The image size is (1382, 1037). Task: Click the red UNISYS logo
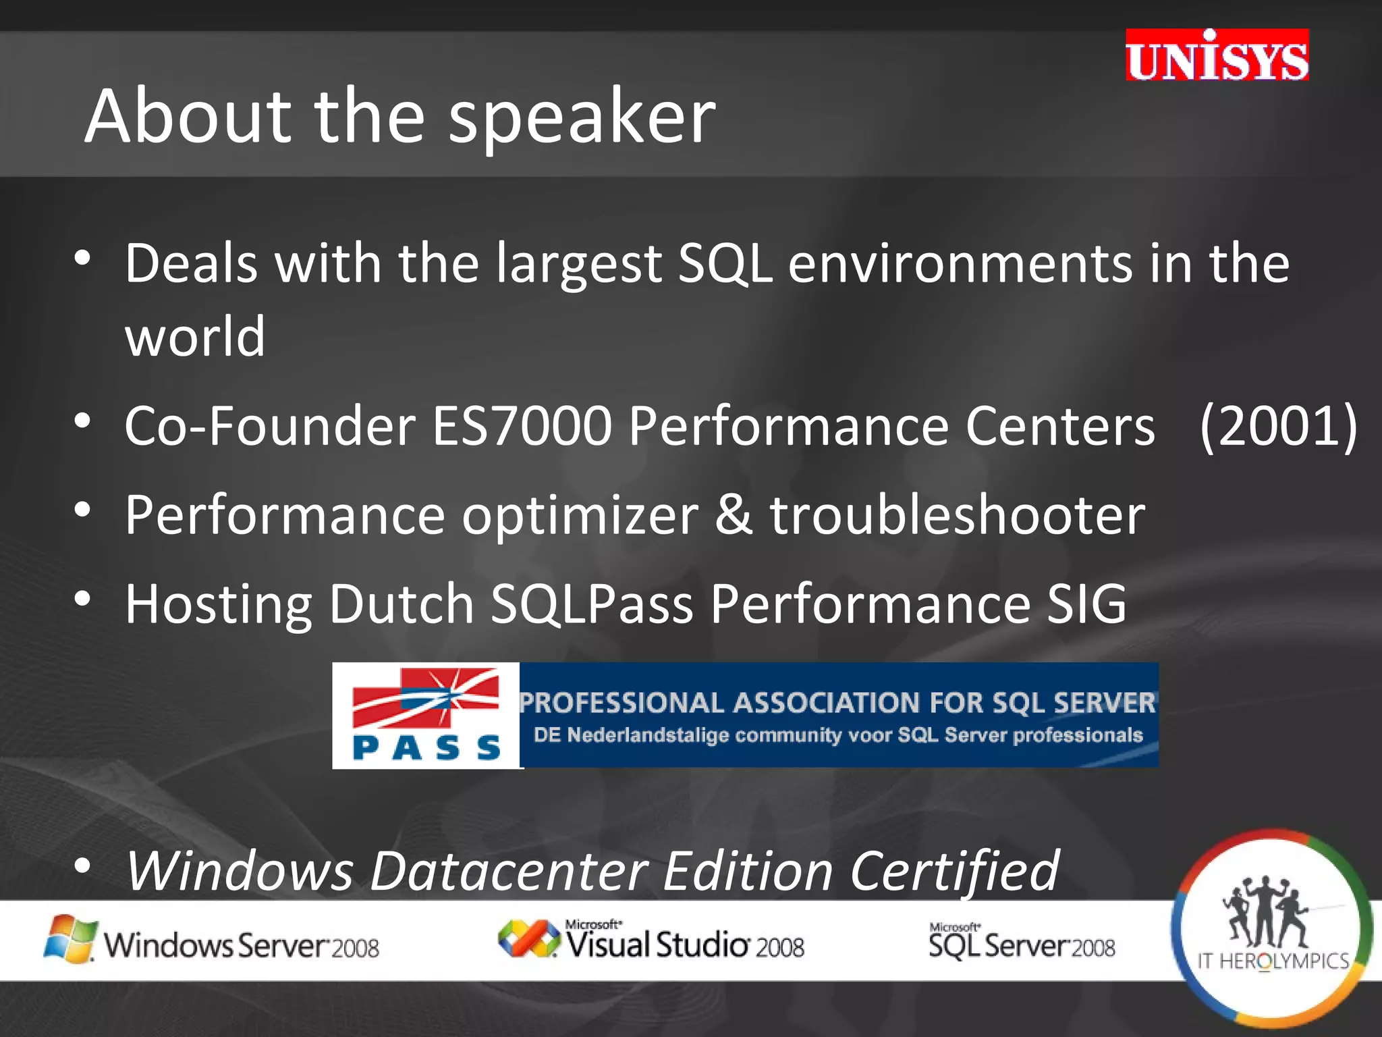(x=1217, y=56)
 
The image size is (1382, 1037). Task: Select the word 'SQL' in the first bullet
(x=725, y=263)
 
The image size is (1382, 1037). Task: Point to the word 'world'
(x=195, y=336)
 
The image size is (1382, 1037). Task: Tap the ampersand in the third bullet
(x=734, y=515)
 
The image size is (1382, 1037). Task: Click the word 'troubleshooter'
(x=958, y=515)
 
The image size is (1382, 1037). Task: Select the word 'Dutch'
(x=401, y=604)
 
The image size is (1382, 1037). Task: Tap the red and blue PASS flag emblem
(x=426, y=697)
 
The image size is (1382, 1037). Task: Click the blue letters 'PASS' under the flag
(x=426, y=748)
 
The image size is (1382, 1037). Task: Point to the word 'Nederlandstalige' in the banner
(x=648, y=735)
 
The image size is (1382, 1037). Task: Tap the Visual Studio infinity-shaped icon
(x=528, y=939)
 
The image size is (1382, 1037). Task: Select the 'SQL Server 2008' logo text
(x=1022, y=943)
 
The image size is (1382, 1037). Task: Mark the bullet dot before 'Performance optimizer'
(x=82, y=510)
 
